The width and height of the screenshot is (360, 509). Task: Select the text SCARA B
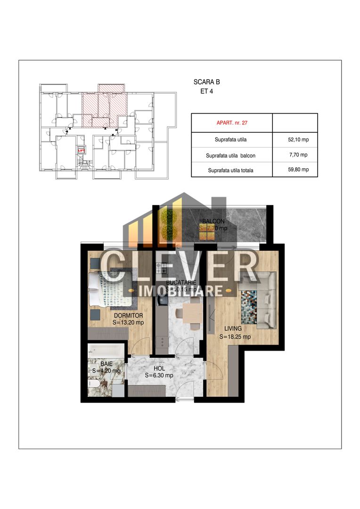tap(206, 82)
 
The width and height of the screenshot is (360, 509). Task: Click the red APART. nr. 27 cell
tap(232, 123)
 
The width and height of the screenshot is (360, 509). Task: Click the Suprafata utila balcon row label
tap(232, 155)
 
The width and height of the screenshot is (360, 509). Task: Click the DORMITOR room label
tap(128, 315)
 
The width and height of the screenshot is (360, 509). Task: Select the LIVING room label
tap(233, 328)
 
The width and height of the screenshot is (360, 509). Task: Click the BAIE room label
tap(106, 363)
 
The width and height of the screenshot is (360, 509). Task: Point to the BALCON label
tap(213, 222)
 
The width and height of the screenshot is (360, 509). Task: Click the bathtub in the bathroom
tap(106, 352)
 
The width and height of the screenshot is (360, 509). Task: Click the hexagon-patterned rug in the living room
tap(251, 307)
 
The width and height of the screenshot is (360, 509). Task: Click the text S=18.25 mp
tap(235, 337)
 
